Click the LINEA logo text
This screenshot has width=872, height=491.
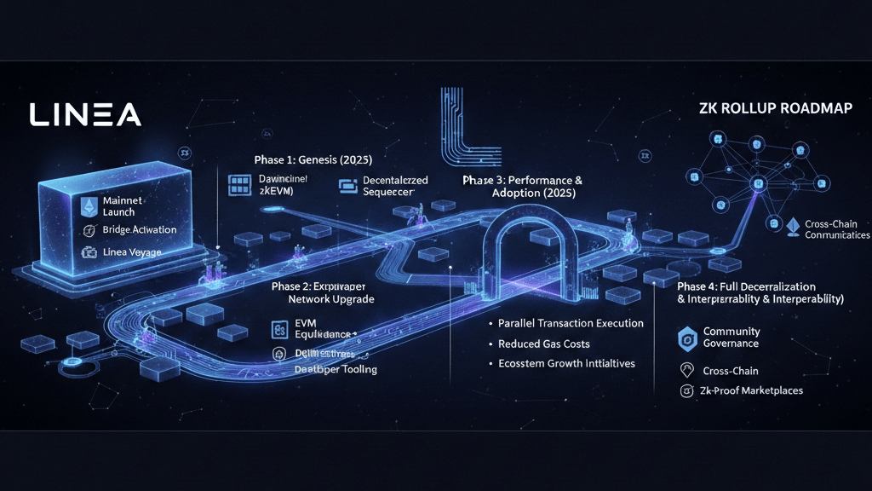click(x=84, y=115)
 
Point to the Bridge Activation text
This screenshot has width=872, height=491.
click(x=139, y=230)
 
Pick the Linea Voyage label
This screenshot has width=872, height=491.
click(x=131, y=252)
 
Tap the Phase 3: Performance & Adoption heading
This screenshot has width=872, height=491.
click(x=522, y=187)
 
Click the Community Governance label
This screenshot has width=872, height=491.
click(x=731, y=337)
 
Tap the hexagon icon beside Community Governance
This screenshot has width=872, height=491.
click(x=687, y=338)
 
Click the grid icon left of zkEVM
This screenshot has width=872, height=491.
click(x=238, y=185)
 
